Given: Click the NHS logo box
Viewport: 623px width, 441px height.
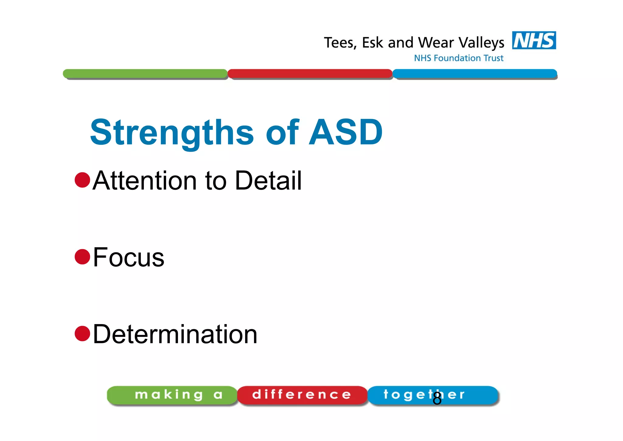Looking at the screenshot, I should pyautogui.click(x=534, y=40).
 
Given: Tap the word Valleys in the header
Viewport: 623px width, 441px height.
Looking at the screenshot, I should pyautogui.click(x=481, y=43).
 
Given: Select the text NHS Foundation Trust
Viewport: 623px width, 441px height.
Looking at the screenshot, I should pyautogui.click(x=458, y=58).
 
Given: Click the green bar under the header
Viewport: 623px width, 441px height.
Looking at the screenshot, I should pyautogui.click(x=145, y=73).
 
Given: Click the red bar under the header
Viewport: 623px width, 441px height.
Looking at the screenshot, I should pyautogui.click(x=310, y=73).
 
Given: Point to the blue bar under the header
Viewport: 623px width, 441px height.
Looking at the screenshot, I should pyautogui.click(x=475, y=73).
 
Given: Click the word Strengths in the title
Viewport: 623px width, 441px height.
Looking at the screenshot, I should pyautogui.click(x=172, y=133).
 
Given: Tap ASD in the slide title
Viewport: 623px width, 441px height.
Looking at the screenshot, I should pyautogui.click(x=346, y=132).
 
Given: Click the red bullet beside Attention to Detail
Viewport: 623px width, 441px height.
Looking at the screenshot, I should pyautogui.click(x=82, y=180).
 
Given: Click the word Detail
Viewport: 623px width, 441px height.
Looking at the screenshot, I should pyautogui.click(x=268, y=180).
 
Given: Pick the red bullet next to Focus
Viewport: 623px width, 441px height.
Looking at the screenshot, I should pyautogui.click(x=82, y=256).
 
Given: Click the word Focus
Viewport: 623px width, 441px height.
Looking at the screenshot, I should pyautogui.click(x=128, y=257).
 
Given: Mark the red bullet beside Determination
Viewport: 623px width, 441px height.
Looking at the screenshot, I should pyautogui.click(x=82, y=333).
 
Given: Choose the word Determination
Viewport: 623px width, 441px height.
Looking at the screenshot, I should pyautogui.click(x=175, y=334).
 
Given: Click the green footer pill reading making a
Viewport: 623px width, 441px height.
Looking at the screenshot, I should pyautogui.click(x=172, y=395).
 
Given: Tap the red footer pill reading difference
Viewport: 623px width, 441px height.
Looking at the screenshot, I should pyautogui.click(x=302, y=395).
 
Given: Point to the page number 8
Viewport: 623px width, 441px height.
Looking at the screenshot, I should pyautogui.click(x=437, y=399).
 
